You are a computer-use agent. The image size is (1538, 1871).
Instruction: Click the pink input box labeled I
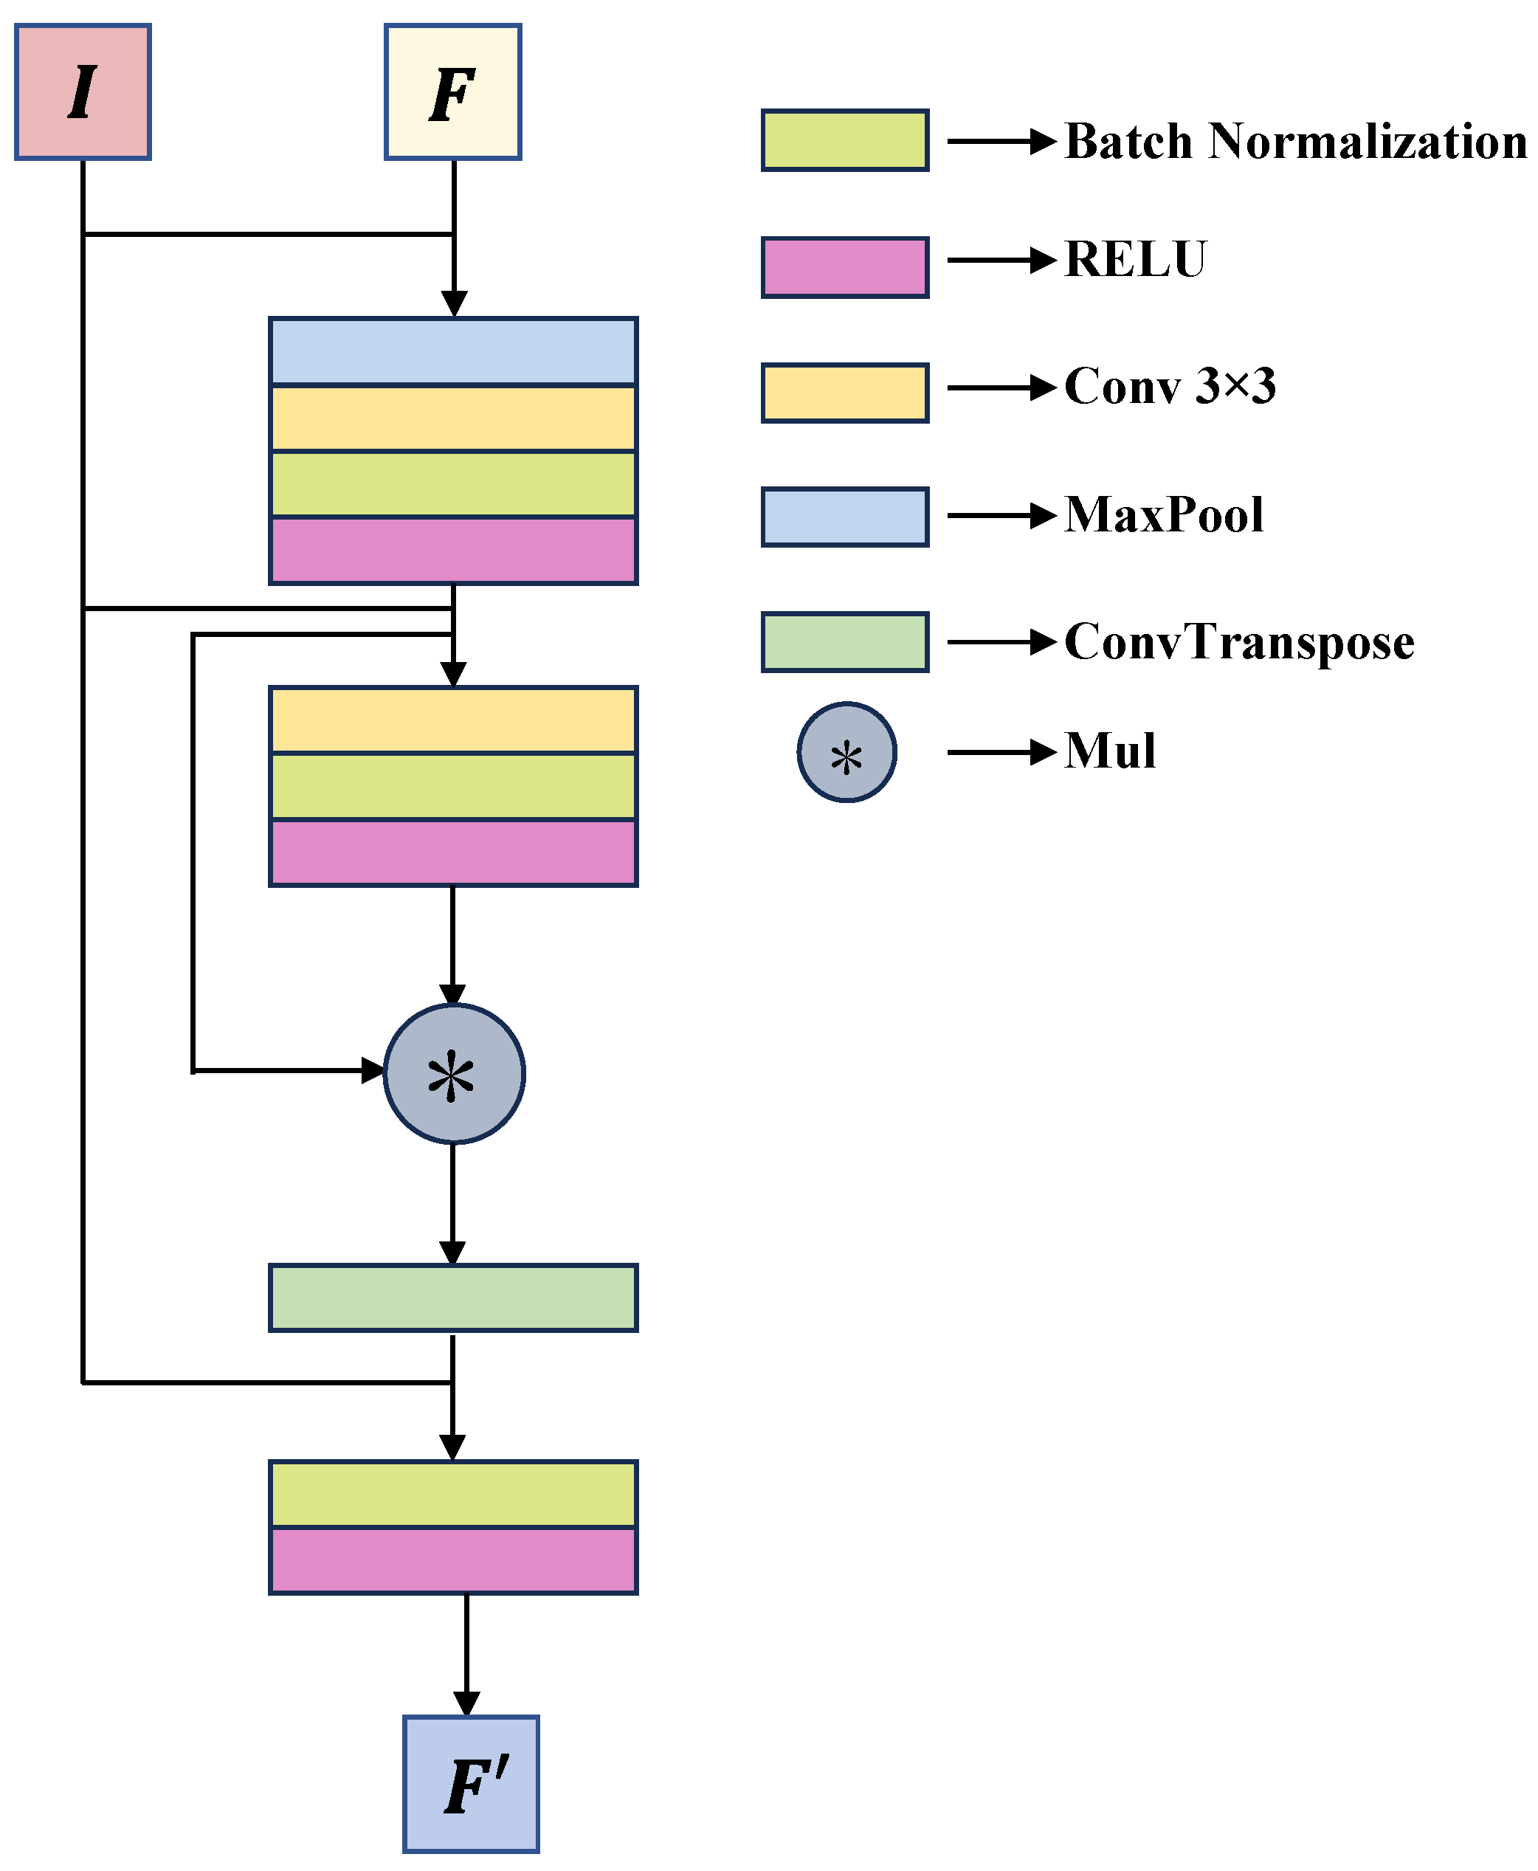[83, 92]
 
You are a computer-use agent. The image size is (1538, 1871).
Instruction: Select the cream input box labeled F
[452, 92]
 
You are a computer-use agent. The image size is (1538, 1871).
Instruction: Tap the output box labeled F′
[470, 1783]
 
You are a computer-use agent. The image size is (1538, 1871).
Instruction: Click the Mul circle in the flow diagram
[454, 1074]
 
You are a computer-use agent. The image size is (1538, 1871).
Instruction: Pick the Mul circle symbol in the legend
[846, 752]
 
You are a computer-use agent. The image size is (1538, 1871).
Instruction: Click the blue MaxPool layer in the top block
[452, 352]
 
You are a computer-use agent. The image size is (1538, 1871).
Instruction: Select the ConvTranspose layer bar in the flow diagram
[452, 1298]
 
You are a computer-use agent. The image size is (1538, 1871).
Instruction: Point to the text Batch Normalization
[1294, 141]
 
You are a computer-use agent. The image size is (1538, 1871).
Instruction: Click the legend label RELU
[1135, 260]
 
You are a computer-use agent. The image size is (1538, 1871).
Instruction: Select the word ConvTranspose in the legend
[1238, 641]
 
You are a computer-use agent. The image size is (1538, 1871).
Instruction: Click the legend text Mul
[1109, 751]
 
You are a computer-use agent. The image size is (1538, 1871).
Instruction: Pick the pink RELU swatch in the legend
[844, 266]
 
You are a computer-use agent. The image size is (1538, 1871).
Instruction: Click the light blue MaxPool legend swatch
[844, 517]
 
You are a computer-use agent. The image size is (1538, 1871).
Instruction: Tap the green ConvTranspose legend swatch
[844, 642]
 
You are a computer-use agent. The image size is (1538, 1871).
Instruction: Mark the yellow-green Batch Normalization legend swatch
[844, 140]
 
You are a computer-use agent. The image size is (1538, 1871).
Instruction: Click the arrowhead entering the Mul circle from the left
[373, 1071]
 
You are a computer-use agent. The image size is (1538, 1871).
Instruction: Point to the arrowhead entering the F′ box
[467, 1703]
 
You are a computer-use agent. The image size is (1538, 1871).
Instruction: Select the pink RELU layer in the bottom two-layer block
[452, 1560]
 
